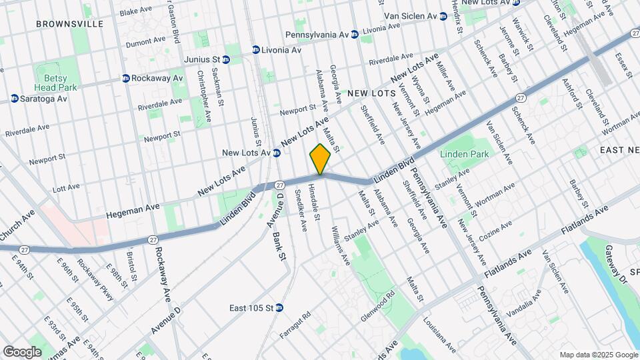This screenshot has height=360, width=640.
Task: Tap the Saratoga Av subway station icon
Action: point(14,99)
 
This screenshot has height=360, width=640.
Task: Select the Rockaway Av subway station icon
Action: point(125,78)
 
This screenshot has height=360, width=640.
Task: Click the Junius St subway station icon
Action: point(226,59)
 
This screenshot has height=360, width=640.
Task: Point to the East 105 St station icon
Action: point(279,308)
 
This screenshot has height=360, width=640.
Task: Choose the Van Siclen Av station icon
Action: point(443,16)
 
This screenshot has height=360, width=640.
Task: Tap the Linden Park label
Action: point(465,154)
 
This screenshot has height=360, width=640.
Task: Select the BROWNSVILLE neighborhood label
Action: point(70,23)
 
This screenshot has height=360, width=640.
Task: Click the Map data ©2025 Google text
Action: point(598,355)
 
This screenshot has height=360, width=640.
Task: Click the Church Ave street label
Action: point(18,226)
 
